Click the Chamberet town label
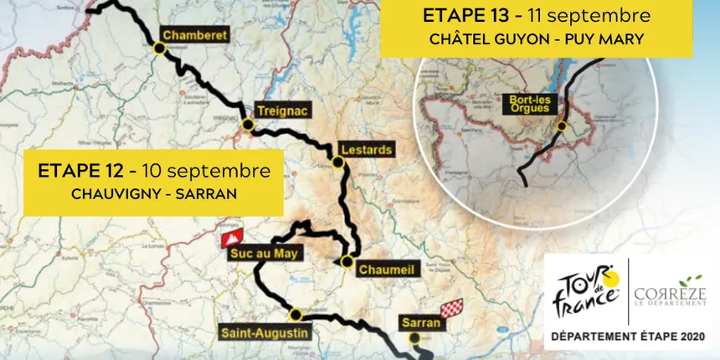pyautogui.click(x=194, y=35)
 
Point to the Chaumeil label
pyautogui.click(x=386, y=270)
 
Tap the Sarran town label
pyautogui.click(x=416, y=321)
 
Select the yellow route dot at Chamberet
pyautogui.click(x=158, y=49)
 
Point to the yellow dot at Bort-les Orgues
pyautogui.click(x=562, y=126)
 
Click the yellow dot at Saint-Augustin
pyautogui.click(x=295, y=315)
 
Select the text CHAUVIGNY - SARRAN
pyautogui.click(x=153, y=193)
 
